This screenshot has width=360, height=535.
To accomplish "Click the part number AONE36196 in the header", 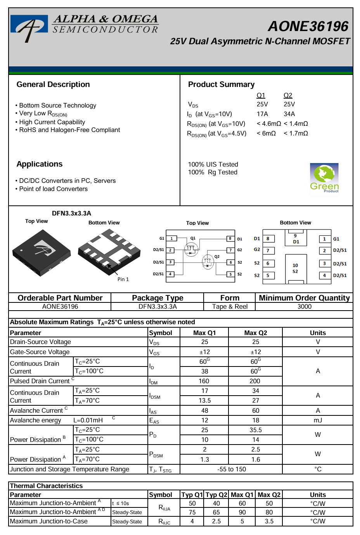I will click(x=308, y=26).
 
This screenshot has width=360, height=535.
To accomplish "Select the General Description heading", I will click(x=53, y=85).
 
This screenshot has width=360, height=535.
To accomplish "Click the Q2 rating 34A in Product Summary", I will click(x=289, y=114).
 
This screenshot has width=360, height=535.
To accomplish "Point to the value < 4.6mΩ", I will click(x=268, y=124).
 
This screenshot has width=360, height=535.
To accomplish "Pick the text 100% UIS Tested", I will click(x=213, y=165).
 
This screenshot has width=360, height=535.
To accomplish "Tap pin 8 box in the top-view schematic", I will click(x=230, y=239).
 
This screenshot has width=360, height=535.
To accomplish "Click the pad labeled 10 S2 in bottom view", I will click(x=295, y=268).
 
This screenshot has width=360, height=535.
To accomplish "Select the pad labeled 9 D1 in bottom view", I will click(x=296, y=238).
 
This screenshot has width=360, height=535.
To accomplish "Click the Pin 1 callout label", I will click(x=123, y=280).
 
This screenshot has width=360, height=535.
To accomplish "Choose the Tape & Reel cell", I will click(x=230, y=307).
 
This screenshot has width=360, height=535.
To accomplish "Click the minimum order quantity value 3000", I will click(x=305, y=307).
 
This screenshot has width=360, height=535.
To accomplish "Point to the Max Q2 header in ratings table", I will click(x=256, y=333).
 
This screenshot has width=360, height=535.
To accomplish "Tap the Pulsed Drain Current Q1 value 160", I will click(x=204, y=381).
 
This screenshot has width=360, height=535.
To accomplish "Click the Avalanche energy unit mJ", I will click(x=318, y=420).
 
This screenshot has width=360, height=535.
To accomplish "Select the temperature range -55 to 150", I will click(x=232, y=469).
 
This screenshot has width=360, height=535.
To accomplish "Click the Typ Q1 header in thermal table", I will click(x=192, y=495).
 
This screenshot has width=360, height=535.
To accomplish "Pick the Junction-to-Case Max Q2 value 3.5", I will click(x=269, y=521).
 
